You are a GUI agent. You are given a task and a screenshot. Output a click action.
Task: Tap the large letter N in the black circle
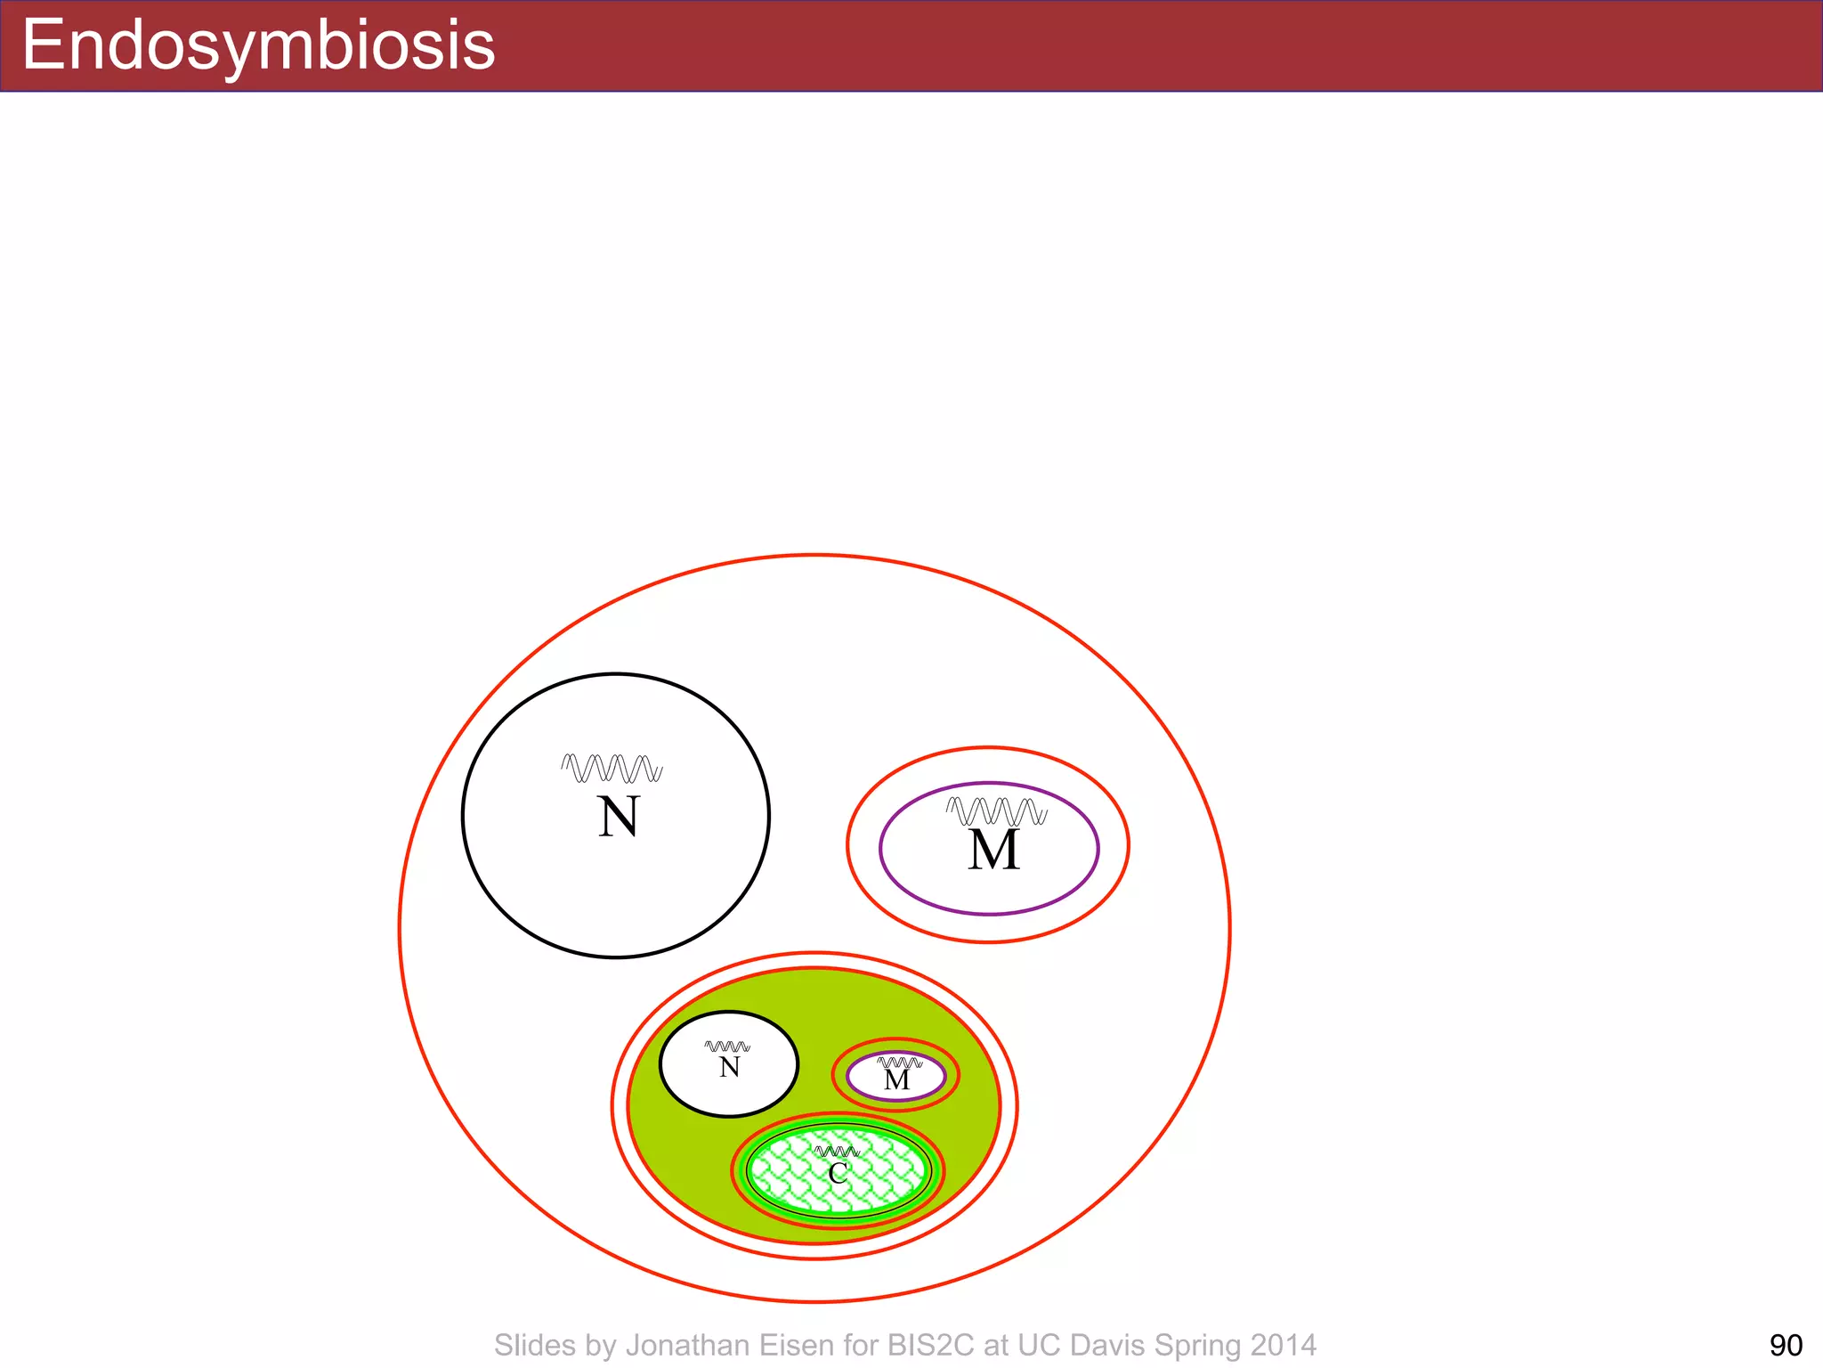point(618,817)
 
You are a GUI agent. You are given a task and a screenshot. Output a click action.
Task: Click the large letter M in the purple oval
point(993,850)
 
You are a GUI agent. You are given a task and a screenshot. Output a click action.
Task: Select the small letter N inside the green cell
point(729,1067)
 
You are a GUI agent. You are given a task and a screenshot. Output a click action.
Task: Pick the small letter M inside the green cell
point(896,1080)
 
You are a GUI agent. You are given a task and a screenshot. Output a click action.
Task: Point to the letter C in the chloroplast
point(838,1174)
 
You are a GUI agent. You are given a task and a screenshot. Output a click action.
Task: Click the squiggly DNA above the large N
point(612,768)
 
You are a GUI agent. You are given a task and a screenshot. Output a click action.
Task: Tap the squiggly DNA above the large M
point(996,811)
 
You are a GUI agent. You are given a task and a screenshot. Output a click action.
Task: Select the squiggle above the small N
point(727,1046)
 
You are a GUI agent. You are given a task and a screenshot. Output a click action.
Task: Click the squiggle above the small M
point(899,1063)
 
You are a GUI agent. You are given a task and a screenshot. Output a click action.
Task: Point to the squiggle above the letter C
point(837,1152)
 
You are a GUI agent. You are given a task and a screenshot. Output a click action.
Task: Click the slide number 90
point(1786,1345)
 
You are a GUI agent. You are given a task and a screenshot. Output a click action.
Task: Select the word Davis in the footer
point(1102,1345)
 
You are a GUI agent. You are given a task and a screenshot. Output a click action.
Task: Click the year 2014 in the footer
point(1284,1345)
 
